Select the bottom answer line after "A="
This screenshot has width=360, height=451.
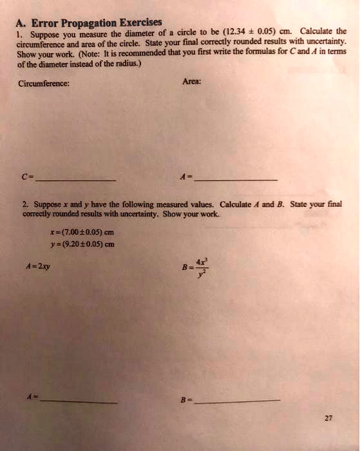tap(79, 401)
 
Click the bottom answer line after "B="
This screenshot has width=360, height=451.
tap(237, 401)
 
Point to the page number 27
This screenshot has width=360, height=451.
tap(328, 418)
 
